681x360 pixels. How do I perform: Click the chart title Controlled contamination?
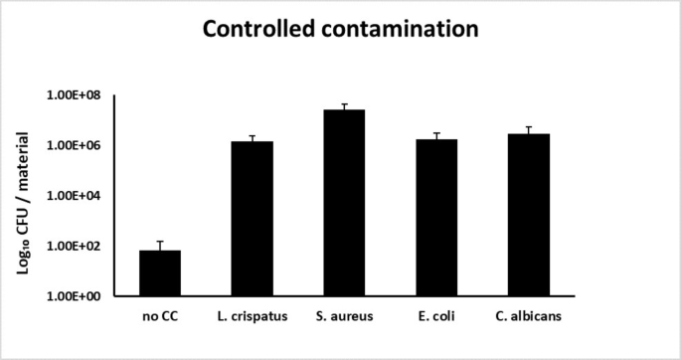coord(340,30)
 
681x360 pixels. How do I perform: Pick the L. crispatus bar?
coord(252,219)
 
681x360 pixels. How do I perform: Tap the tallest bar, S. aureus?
coord(344,203)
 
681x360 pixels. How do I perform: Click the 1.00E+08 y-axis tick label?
coord(78,95)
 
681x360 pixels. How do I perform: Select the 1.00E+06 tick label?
coord(78,145)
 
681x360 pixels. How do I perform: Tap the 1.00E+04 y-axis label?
coord(78,196)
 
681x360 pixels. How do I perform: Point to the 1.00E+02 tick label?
coord(78,246)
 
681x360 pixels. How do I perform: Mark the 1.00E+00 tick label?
coord(78,296)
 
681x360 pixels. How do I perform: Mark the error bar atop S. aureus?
coord(344,105)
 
